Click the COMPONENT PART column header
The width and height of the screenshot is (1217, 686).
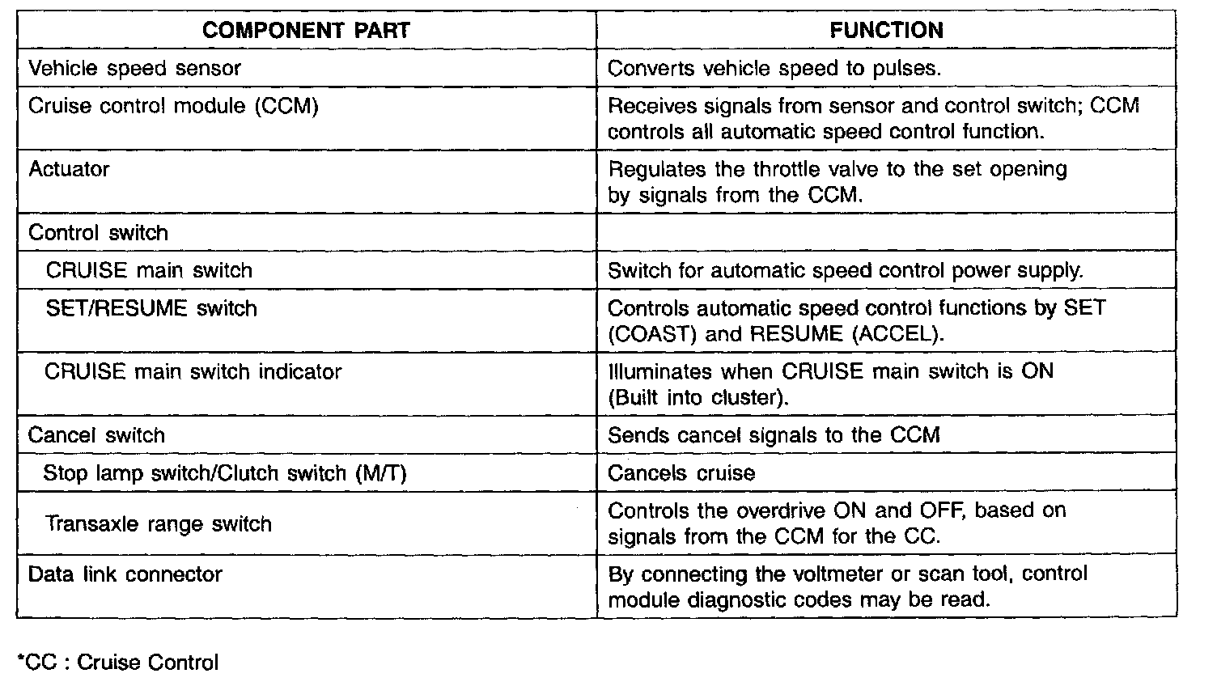tap(306, 31)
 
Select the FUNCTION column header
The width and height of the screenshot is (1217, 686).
tap(886, 31)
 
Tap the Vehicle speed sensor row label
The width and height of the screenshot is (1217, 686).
tap(134, 68)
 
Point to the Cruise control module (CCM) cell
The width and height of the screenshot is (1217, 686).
tap(173, 106)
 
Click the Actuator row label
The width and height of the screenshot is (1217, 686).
tap(69, 169)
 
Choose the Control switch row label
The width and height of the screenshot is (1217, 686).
tap(98, 233)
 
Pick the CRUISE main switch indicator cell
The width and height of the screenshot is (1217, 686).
tap(193, 371)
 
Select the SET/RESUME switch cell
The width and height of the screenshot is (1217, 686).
tap(151, 308)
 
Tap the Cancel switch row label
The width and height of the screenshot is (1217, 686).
tap(96, 435)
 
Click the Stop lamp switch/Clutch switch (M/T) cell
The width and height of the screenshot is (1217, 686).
tap(224, 472)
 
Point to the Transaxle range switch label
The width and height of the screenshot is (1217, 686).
tap(158, 523)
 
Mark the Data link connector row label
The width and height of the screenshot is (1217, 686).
tap(125, 574)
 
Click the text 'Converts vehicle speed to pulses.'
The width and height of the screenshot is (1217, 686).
tap(774, 68)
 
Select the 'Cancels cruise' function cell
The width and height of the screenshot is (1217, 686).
tap(681, 472)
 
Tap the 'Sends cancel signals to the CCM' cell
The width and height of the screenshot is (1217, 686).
tap(774, 435)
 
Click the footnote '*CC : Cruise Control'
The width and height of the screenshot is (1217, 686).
tap(117, 663)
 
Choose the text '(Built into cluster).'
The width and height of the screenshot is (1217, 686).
tap(698, 397)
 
